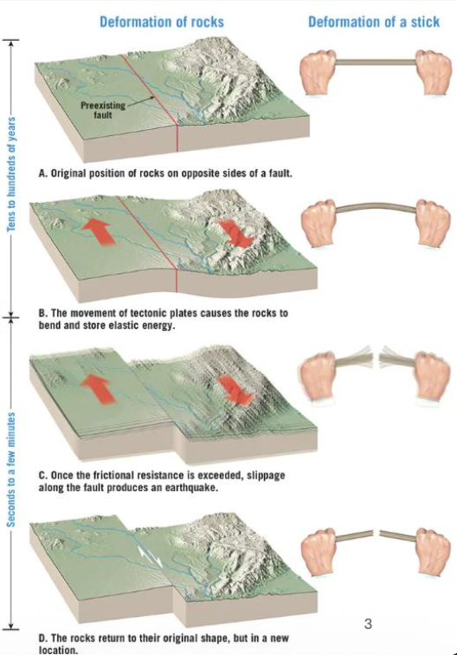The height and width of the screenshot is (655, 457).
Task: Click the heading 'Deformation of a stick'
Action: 374,22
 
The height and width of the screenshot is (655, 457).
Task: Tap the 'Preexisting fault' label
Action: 99,109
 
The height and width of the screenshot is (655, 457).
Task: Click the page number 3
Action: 369,623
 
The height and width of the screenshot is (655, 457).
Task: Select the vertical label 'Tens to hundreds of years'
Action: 12,172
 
